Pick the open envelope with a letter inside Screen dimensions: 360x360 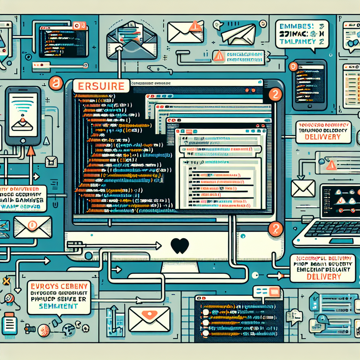[132, 41]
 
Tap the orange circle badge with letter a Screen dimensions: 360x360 [55, 84]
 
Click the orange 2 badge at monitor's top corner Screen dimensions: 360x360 [275, 94]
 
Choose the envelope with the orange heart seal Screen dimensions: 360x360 [149, 319]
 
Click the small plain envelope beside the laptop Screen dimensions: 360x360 [303, 188]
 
